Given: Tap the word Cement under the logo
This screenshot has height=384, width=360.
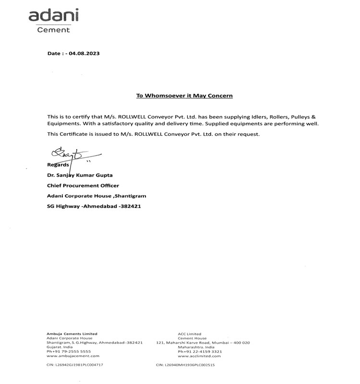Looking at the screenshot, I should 53,30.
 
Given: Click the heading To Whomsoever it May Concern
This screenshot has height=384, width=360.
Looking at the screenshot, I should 184,96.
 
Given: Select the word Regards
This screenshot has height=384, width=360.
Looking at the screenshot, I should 59,165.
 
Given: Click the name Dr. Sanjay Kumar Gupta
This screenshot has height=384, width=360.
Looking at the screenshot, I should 80,175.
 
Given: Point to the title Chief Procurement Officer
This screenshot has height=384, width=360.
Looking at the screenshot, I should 83,185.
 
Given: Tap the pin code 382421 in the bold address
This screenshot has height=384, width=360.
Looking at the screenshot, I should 130,206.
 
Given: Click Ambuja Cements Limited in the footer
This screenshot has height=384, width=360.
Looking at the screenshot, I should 72,334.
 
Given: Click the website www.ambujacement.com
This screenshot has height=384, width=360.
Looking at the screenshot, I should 73,356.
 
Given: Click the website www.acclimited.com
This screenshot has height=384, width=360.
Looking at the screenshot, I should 199,356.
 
